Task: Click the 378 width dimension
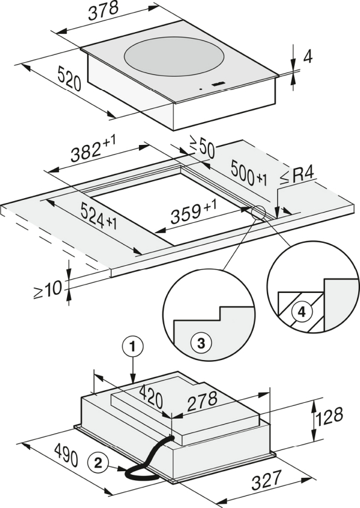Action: pos(104,10)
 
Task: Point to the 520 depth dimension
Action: pos(69,79)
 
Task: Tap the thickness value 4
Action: pos(307,57)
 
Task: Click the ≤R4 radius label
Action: pos(297,176)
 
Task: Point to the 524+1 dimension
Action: pos(98,216)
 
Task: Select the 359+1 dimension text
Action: pos(194,211)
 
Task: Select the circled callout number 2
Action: pos(97,462)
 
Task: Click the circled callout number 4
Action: pos(301,312)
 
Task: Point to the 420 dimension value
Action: pos(150,397)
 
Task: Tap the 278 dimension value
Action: pos(202,401)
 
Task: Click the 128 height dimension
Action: pos(329,416)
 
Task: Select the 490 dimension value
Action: pos(66,455)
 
